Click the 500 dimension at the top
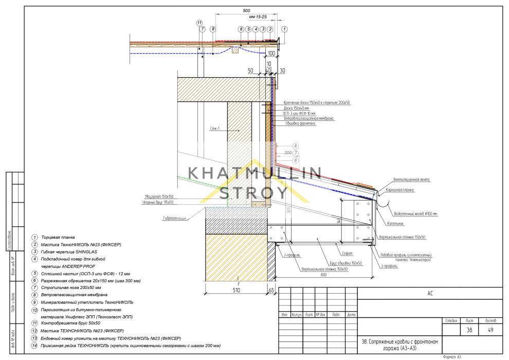[x=246, y=11]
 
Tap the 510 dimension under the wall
[x=237, y=291]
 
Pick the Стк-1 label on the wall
[x=215, y=128]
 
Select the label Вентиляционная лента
[x=412, y=179]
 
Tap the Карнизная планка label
[x=411, y=190]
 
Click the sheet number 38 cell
[x=469, y=331]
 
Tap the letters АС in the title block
[x=430, y=294]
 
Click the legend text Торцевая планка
[x=57, y=237]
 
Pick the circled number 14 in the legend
[x=34, y=346]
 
